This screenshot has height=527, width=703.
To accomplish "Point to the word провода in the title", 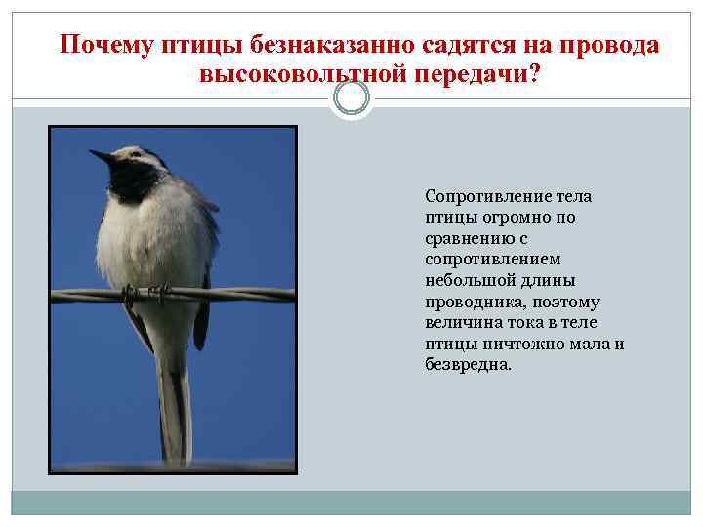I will [610, 46].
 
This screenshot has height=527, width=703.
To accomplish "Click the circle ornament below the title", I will [351, 99].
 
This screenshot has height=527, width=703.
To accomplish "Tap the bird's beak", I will [101, 156].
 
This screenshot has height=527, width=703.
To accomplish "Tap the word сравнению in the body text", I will [467, 238].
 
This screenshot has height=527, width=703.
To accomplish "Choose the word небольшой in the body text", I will [468, 280].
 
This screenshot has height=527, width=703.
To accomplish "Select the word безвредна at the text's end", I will [468, 365].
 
